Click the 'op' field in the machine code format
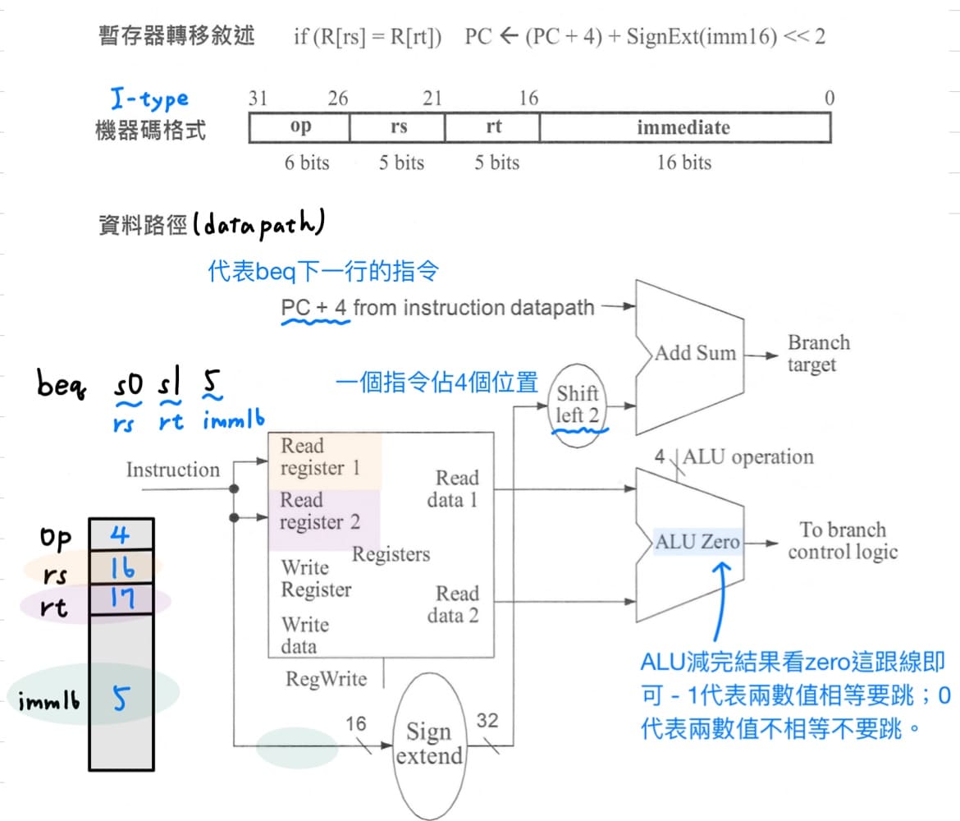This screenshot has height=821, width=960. pos(300,128)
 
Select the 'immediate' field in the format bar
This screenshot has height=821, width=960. pos(683,128)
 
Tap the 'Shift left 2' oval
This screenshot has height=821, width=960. pos(577,404)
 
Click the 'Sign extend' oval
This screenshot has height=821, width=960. pos(429,743)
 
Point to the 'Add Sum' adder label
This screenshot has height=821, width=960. pos(695,353)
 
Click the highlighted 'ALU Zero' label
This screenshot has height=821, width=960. pos(697,542)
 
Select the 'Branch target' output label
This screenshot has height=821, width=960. pos(818,353)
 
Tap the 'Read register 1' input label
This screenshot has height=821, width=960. pos(321,457)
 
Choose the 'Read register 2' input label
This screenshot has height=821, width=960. pos(320,511)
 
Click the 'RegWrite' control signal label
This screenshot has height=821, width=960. pos(326,679)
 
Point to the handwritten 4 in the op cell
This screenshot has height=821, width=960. pos(121,536)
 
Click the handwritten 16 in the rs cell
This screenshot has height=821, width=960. pos(120,568)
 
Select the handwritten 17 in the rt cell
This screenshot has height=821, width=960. pos(121,599)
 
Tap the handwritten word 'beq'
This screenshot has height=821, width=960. pos(65,384)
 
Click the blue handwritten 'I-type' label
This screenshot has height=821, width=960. pos(149,99)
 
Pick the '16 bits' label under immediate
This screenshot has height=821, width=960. pos(683,163)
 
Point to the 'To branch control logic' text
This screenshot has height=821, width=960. pos(843,541)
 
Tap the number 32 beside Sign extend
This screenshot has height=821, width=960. pos(487,722)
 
